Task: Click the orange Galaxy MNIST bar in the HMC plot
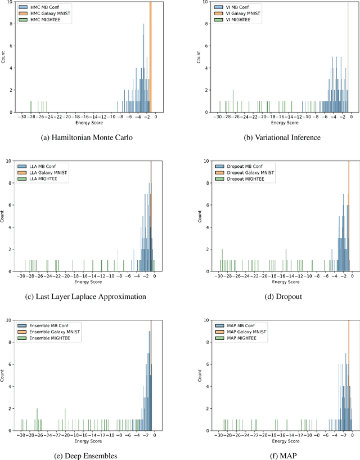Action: tap(150, 56)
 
